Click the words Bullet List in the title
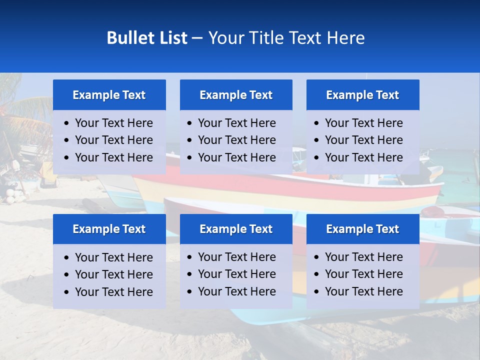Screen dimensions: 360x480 [147, 38]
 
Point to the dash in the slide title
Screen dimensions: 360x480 [197, 38]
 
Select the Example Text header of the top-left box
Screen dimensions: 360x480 [109, 95]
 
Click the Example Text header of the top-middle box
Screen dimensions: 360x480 [236, 95]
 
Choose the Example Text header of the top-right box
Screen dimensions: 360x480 [362, 95]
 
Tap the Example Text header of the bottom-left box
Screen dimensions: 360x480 [109, 229]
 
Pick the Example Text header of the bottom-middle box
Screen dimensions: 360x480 [236, 229]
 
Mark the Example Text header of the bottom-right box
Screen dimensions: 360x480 [362, 229]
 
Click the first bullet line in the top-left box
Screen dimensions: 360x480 [113, 123]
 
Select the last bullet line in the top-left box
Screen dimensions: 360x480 [113, 157]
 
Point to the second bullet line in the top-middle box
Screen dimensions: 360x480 [236, 140]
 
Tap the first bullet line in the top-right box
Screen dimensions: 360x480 [363, 123]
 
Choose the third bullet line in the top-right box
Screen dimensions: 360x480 [363, 157]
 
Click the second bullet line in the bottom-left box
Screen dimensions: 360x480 [113, 274]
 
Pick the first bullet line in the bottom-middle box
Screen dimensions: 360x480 [236, 257]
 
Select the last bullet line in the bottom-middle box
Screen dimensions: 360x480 [236, 291]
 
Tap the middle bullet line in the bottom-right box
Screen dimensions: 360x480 [363, 274]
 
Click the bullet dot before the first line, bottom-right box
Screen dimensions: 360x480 [317, 257]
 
